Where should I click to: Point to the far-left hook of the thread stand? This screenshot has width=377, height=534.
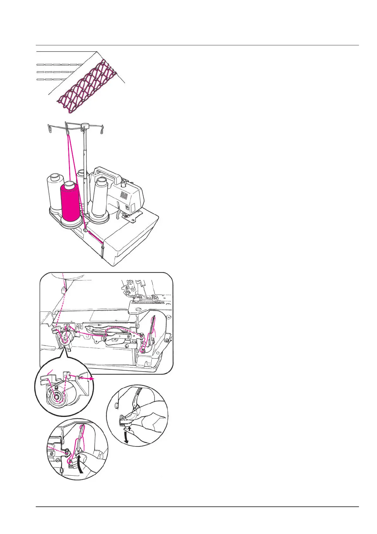tap(49, 128)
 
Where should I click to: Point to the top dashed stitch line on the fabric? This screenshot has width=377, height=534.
tap(59, 65)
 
